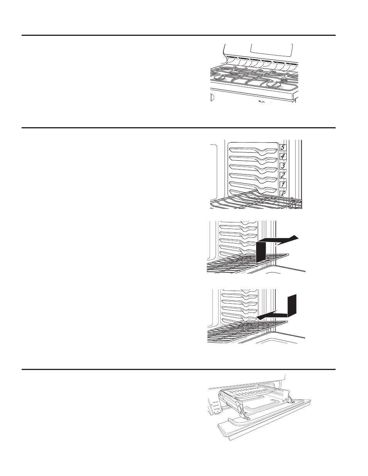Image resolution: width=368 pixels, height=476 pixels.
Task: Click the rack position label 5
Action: pos(283,147)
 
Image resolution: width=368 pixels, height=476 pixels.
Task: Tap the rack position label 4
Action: pos(283,157)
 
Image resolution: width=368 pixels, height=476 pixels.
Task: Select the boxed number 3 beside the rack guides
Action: pos(283,167)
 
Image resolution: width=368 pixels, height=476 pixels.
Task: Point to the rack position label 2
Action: pos(283,176)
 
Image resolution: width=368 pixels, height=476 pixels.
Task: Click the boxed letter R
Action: pos(283,194)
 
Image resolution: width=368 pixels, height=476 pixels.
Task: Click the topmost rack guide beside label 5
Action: pos(253,148)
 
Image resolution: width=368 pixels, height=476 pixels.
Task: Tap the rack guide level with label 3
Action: pos(253,167)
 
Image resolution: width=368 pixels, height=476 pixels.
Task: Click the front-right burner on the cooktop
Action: pos(271,85)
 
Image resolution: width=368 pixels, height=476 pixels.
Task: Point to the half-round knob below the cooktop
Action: pos(212,97)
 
